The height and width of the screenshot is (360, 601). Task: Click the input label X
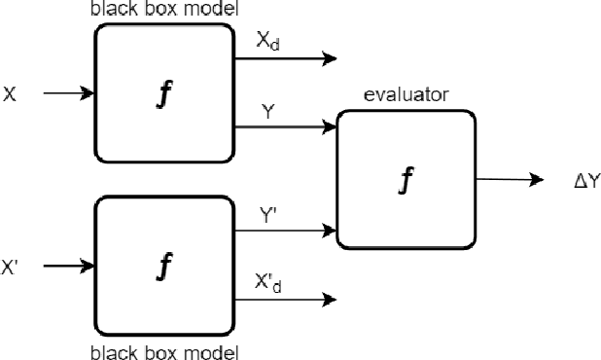pyautogui.click(x=10, y=93)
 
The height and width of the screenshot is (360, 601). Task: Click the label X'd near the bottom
pyautogui.click(x=269, y=284)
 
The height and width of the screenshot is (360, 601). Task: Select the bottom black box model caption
pyautogui.click(x=164, y=351)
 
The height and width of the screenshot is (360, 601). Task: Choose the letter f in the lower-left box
pyautogui.click(x=164, y=265)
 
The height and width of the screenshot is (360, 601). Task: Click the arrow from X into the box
pyautogui.click(x=68, y=93)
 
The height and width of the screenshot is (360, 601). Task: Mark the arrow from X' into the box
pyautogui.click(x=68, y=264)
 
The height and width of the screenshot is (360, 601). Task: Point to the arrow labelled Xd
pyautogui.click(x=286, y=60)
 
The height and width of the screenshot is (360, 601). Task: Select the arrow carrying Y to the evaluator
pyautogui.click(x=286, y=126)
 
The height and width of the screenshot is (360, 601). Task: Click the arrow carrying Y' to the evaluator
pyautogui.click(x=286, y=231)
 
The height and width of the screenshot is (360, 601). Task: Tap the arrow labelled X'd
pyautogui.click(x=286, y=298)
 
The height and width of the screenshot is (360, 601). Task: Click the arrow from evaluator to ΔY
pyautogui.click(x=510, y=180)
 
